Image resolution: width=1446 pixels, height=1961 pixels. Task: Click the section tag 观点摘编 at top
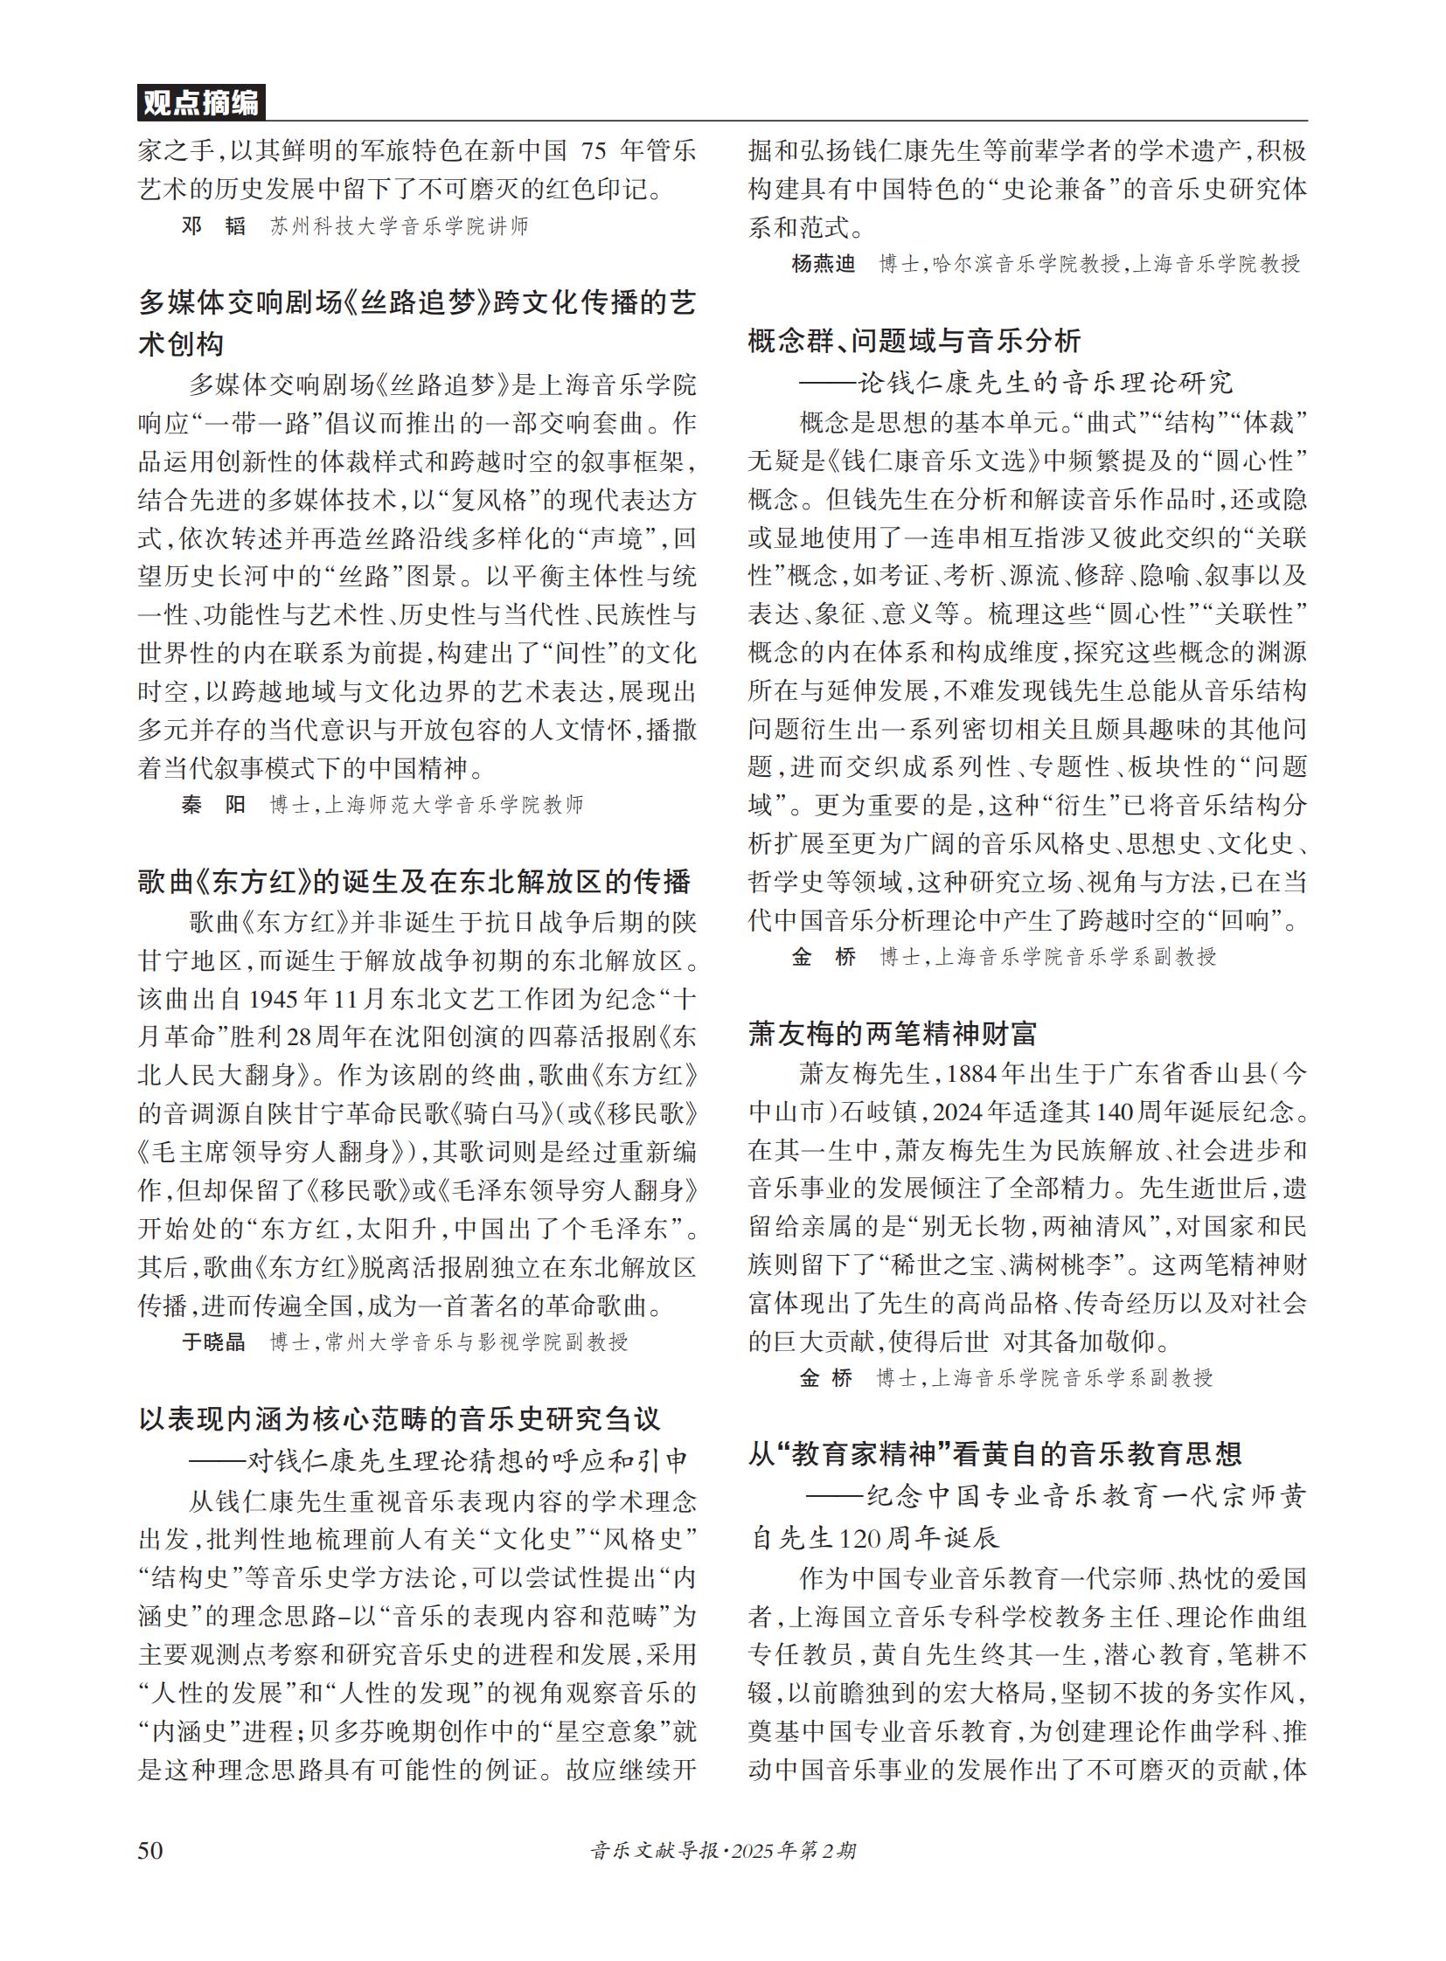pyautogui.click(x=200, y=103)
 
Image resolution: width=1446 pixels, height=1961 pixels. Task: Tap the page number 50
pyautogui.click(x=149, y=1849)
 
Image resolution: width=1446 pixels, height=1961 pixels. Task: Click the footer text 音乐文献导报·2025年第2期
pyautogui.click(x=723, y=1850)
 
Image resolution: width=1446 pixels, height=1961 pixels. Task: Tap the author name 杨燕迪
pyautogui.click(x=823, y=263)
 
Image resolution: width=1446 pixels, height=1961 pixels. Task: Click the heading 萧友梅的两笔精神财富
pyautogui.click(x=892, y=1035)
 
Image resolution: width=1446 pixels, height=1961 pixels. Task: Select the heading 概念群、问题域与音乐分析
pyautogui.click(x=914, y=341)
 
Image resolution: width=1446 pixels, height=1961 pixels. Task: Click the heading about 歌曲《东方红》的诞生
pyautogui.click(x=415, y=881)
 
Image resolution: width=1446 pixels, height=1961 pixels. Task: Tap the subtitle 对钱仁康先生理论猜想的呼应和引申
pyautogui.click(x=439, y=1459)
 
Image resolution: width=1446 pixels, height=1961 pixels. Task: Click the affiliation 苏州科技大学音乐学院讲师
pyautogui.click(x=400, y=226)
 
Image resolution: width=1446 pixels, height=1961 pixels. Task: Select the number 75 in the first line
pyautogui.click(x=594, y=150)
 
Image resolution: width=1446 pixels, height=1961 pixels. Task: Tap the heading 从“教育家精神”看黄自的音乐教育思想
pyautogui.click(x=994, y=1454)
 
